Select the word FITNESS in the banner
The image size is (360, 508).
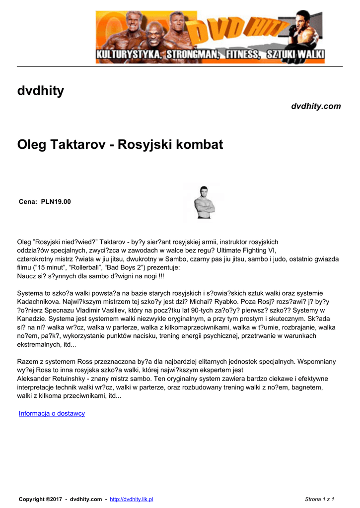[x=242, y=54]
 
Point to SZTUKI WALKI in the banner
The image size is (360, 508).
[x=295, y=54]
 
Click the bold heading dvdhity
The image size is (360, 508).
[x=41, y=91]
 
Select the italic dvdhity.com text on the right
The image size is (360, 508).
[x=316, y=106]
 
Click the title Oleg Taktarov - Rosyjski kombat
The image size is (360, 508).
[x=120, y=145]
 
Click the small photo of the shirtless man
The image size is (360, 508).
[x=204, y=202]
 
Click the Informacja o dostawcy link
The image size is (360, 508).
[x=52, y=413]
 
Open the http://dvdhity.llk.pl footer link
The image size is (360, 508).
[x=131, y=499]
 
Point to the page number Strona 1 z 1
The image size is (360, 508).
[x=319, y=499]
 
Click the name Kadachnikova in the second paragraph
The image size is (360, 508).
[x=41, y=301]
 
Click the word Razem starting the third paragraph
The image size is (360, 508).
[x=28, y=361]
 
